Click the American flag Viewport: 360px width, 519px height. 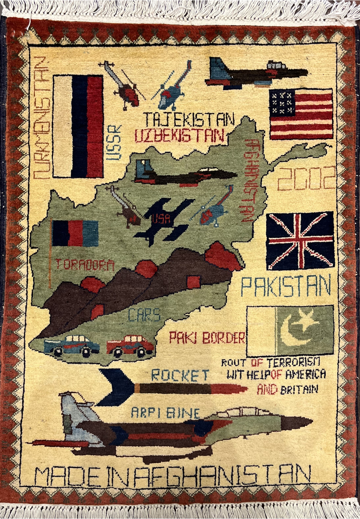click(301, 114)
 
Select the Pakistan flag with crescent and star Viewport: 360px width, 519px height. click(290, 331)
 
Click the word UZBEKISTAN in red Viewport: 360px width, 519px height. click(180, 136)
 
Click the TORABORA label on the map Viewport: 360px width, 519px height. click(85, 265)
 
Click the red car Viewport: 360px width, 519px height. click(130, 345)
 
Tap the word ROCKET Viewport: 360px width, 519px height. click(180, 376)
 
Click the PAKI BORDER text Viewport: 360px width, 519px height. click(207, 338)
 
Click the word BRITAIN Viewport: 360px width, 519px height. click(299, 390)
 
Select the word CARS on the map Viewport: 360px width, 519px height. click(144, 315)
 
